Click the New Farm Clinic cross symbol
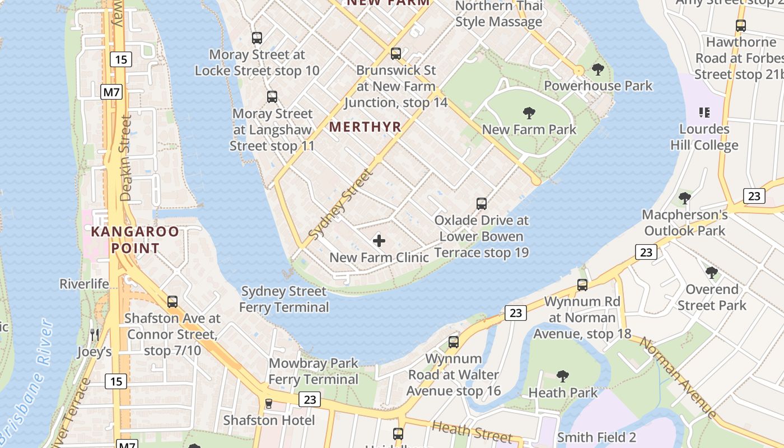(379, 241)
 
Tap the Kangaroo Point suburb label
(135, 240)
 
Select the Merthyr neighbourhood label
(365, 127)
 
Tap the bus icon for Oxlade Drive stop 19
(482, 204)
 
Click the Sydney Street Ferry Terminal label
(284, 299)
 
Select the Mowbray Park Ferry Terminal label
(314, 371)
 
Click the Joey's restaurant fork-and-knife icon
(94, 335)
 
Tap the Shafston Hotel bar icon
(268, 404)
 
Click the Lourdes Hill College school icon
(704, 113)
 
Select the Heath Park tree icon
(563, 376)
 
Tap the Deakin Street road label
(125, 158)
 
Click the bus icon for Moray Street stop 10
(257, 38)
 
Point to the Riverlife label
(84, 284)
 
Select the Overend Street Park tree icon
(712, 273)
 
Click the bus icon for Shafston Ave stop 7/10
(172, 302)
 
